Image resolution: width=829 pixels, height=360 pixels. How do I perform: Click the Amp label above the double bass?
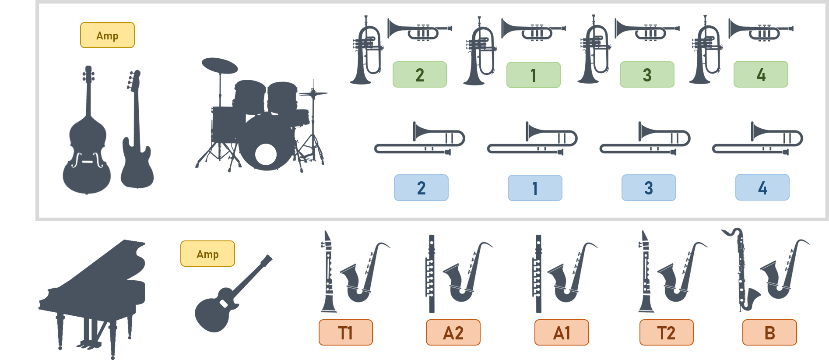[107, 35]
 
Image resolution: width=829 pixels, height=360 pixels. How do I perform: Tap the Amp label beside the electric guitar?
[207, 254]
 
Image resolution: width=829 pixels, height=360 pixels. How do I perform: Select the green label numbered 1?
[533, 75]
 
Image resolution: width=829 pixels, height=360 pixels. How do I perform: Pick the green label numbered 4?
[761, 74]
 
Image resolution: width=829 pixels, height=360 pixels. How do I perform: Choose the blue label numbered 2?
[421, 188]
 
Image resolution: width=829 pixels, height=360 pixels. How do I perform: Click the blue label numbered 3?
[649, 188]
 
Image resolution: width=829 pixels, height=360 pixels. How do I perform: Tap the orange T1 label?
[346, 332]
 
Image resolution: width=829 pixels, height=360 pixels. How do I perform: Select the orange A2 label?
[453, 332]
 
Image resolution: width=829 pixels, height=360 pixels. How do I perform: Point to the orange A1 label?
[562, 332]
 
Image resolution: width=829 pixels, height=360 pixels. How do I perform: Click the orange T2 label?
[667, 332]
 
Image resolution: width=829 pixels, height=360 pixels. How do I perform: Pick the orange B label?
[769, 332]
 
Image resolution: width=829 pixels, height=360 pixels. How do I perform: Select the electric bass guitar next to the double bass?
[137, 145]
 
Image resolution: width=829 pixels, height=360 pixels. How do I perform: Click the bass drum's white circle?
[266, 154]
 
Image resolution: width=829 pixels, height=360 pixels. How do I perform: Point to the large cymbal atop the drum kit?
[220, 66]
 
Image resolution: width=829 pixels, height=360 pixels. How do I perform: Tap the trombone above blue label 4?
[758, 139]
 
